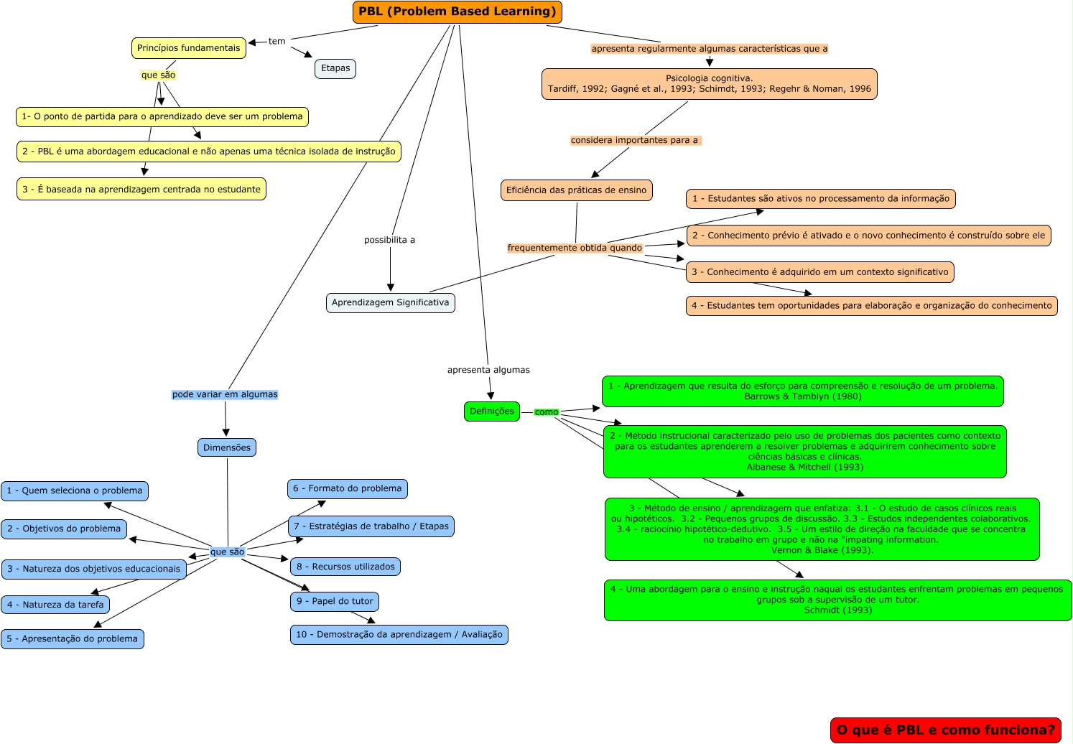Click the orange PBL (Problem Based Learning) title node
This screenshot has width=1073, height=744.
click(457, 12)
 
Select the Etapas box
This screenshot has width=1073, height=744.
click(335, 68)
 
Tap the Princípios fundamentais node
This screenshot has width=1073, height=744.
click(189, 48)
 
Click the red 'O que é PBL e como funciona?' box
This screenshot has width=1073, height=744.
click(946, 730)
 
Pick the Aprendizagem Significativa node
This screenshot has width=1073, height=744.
click(390, 302)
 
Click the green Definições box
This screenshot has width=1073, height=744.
click(492, 411)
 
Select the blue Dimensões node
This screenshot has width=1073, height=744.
click(227, 447)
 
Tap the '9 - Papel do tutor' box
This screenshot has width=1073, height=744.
click(335, 601)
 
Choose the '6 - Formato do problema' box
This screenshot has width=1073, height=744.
click(348, 488)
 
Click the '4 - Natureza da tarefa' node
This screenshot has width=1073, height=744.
click(55, 605)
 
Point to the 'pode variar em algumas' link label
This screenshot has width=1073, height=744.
click(225, 394)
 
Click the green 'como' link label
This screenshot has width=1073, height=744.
click(547, 412)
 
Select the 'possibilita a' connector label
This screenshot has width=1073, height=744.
click(389, 240)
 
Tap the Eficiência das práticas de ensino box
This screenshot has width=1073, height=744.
click(576, 190)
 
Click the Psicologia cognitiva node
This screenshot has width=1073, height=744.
click(709, 84)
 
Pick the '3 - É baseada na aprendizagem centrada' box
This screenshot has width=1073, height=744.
click(141, 190)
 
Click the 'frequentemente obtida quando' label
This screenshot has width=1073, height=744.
click(575, 248)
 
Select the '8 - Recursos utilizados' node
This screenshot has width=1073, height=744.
click(345, 567)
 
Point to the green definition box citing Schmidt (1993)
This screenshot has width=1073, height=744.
click(837, 600)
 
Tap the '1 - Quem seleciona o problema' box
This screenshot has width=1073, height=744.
click(75, 490)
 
